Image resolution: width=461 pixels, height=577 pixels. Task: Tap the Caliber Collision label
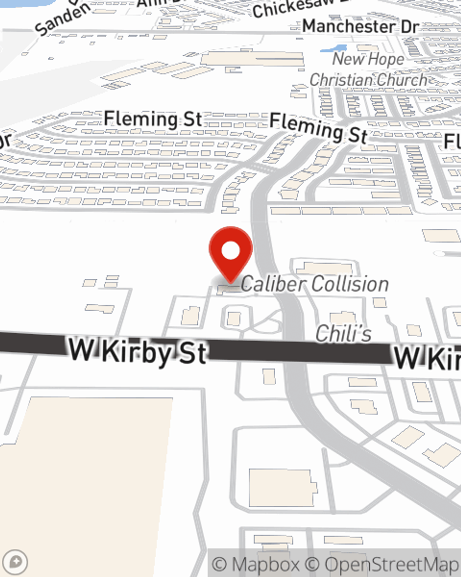[x=315, y=284]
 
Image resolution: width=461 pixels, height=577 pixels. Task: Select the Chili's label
[x=343, y=333]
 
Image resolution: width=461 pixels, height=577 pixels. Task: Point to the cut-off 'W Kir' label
[x=427, y=358]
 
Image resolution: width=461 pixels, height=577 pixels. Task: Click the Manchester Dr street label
[x=360, y=26]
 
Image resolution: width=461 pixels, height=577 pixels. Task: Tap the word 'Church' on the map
[x=399, y=79]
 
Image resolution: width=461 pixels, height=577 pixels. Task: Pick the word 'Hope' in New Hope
[x=386, y=60]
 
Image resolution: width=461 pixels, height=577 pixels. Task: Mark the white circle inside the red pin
[x=230, y=251]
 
